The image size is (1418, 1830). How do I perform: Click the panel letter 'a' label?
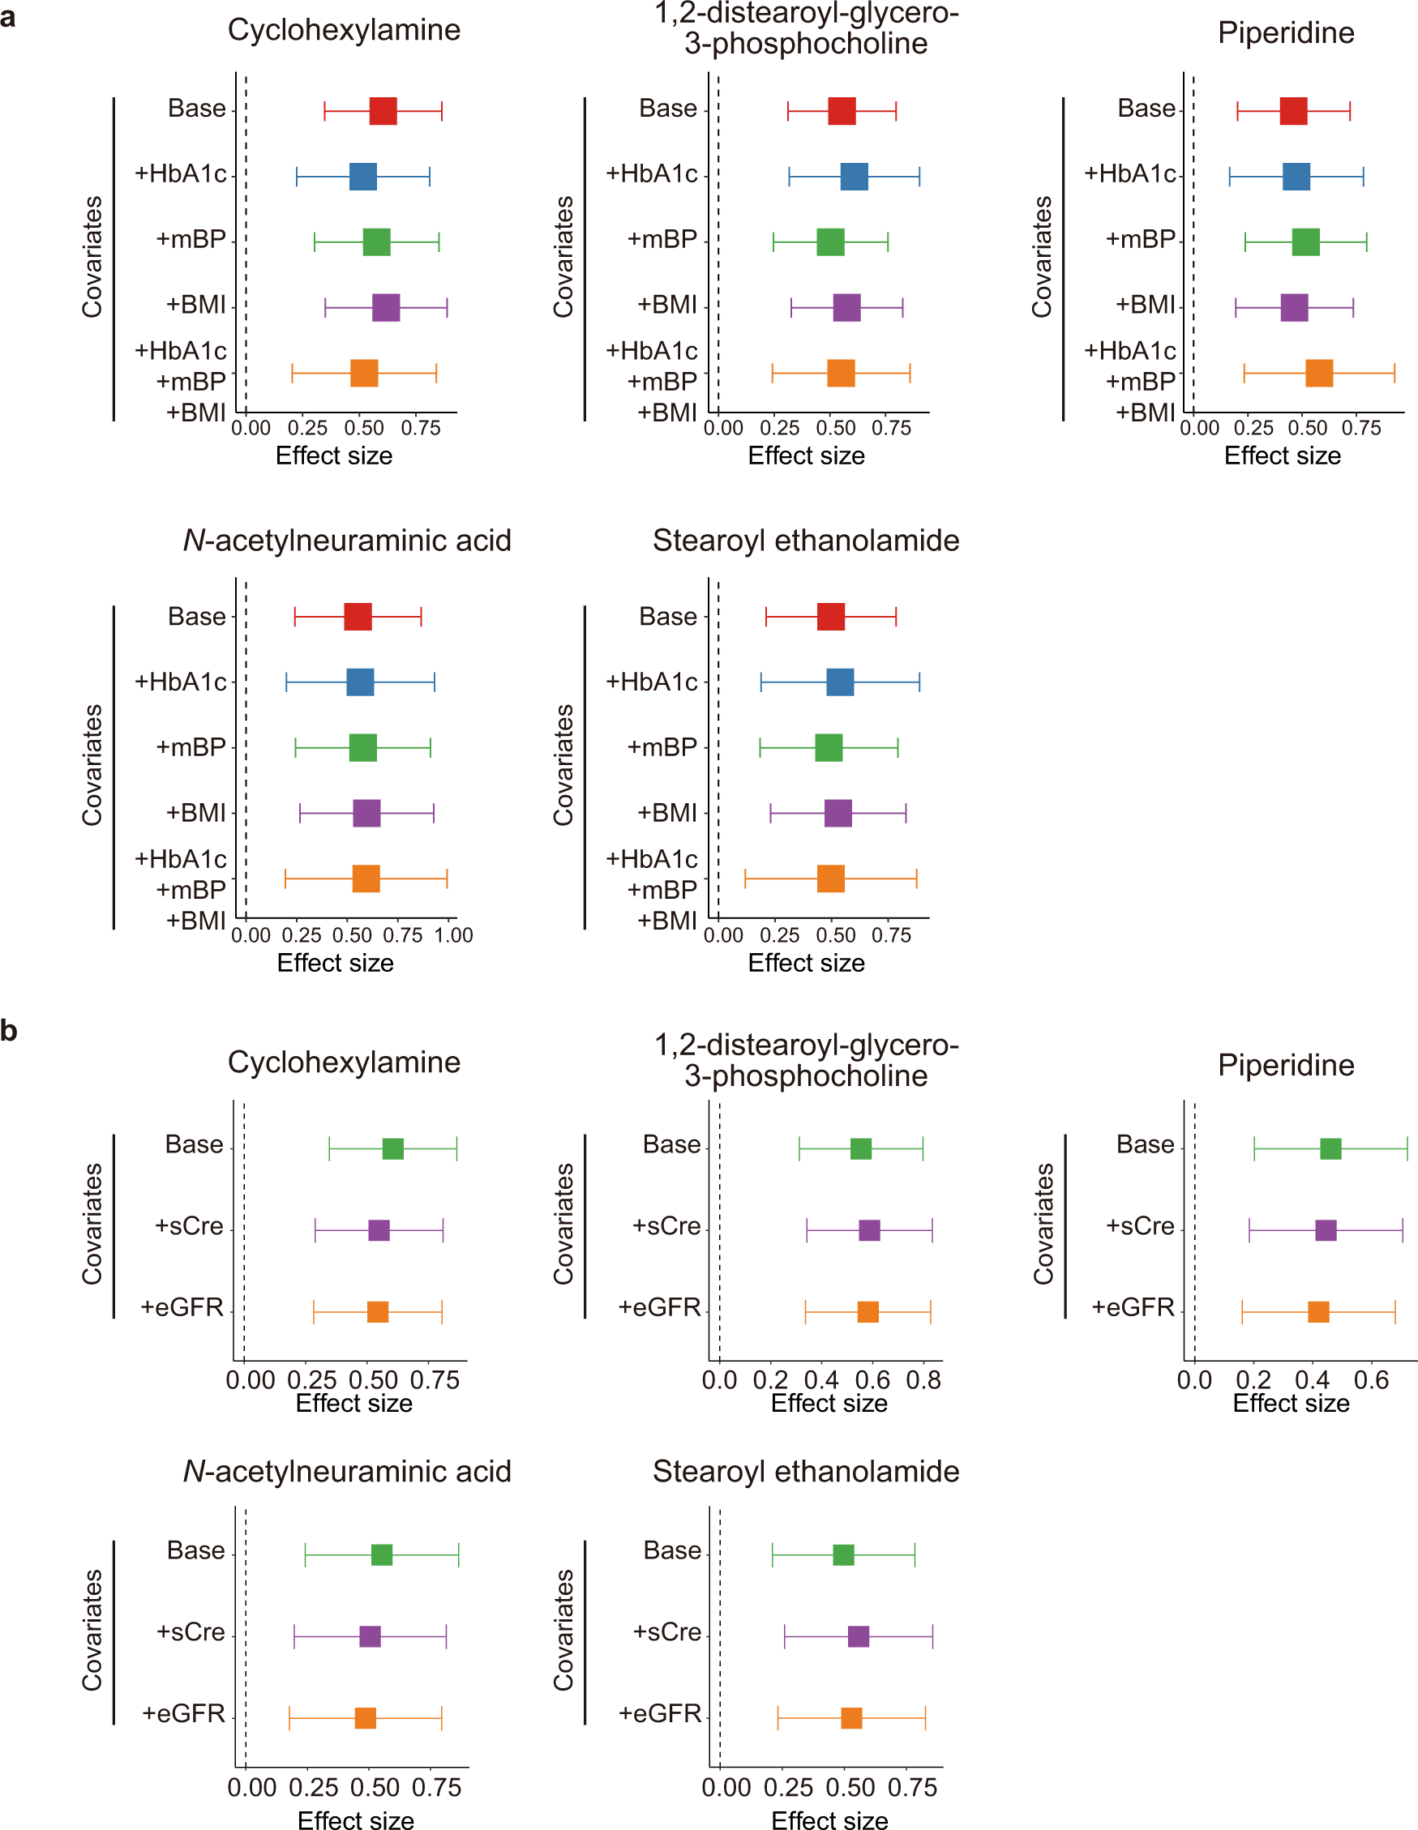(8, 17)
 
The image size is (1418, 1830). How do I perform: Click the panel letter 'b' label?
(8, 1030)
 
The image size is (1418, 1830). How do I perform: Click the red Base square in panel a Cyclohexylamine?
(383, 110)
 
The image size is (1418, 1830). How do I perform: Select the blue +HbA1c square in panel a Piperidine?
(1296, 176)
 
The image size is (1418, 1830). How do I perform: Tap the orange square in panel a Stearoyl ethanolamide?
(830, 879)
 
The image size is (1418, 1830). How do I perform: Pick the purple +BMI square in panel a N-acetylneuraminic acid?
(366, 813)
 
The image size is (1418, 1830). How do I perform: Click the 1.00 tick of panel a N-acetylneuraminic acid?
(453, 935)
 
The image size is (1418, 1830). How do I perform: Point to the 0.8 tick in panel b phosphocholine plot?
(923, 1380)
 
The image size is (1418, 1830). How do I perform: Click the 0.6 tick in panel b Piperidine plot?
(1370, 1380)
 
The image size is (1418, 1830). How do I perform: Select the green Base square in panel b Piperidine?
(1330, 1148)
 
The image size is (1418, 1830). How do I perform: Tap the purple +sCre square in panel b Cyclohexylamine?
(379, 1230)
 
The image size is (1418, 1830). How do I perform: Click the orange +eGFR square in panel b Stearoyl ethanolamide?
(851, 1718)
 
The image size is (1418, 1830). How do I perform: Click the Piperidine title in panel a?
(1286, 32)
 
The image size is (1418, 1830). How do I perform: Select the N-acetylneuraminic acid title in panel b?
(347, 1471)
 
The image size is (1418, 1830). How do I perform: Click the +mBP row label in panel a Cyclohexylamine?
(191, 240)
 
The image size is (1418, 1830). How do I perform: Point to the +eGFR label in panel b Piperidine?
(1133, 1307)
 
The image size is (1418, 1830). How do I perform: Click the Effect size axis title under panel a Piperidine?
(1282, 455)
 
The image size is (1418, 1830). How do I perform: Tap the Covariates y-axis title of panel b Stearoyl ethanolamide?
(563, 1630)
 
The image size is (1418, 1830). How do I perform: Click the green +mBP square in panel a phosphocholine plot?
(830, 242)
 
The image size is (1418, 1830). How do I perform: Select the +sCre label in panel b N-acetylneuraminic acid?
(191, 1631)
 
